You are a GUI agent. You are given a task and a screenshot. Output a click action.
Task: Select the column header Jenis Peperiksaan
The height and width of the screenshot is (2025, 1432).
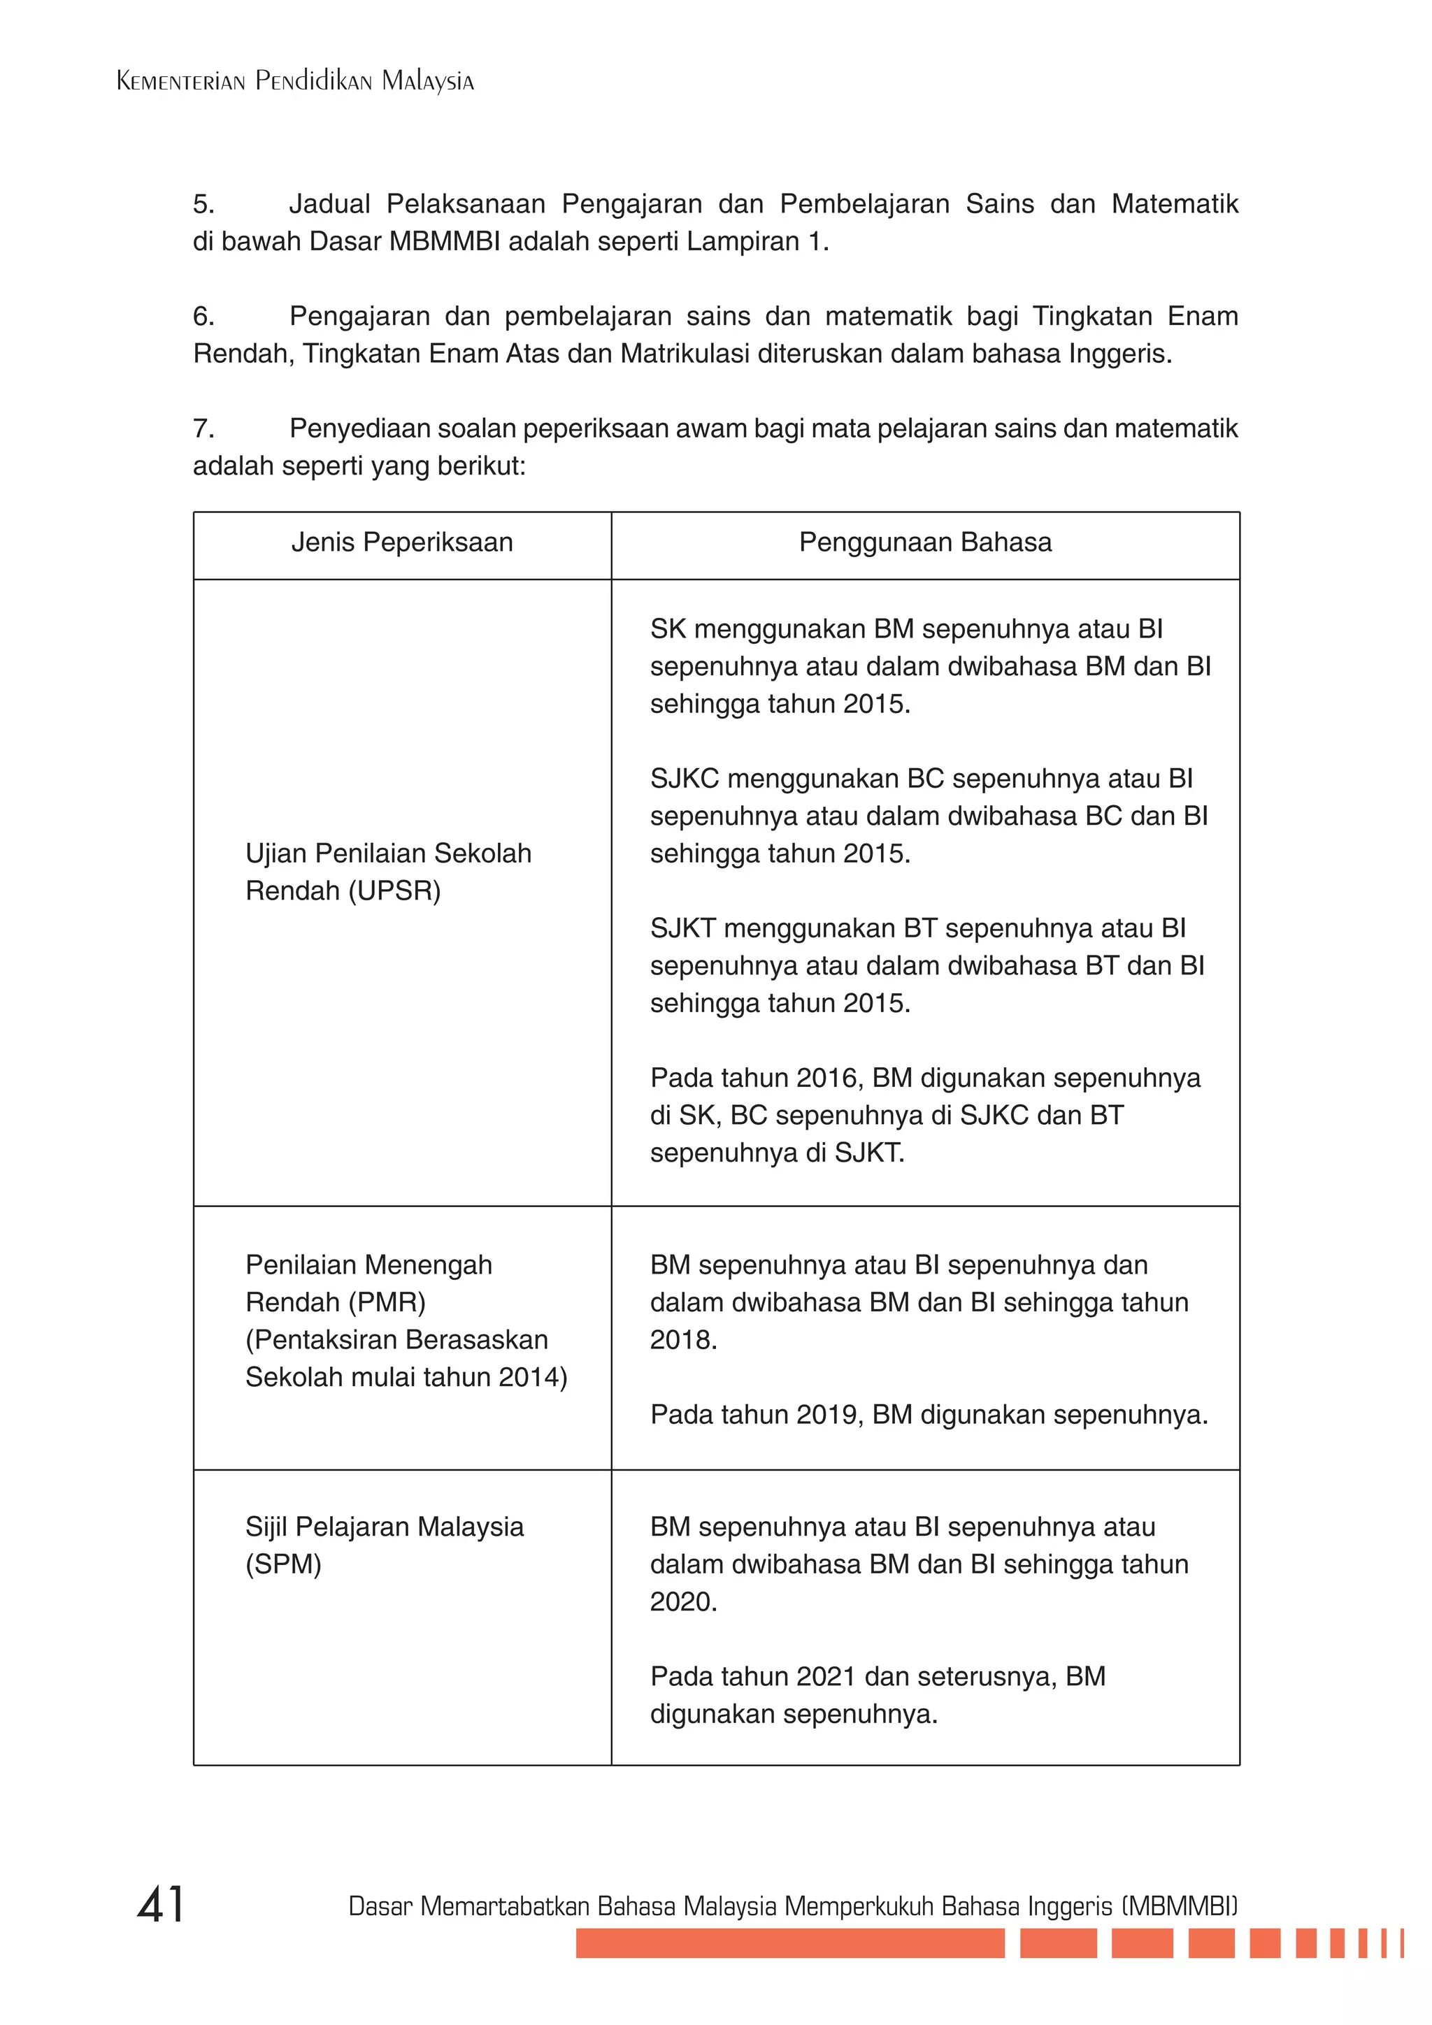[401, 542]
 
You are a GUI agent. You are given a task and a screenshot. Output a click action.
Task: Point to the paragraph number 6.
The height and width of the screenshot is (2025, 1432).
[203, 316]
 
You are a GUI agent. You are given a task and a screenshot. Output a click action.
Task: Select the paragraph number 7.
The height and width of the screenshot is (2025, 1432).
[203, 428]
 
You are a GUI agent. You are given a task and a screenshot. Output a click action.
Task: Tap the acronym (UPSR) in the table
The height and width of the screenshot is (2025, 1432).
[394, 891]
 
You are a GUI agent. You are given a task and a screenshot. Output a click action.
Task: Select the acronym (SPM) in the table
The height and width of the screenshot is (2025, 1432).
[283, 1564]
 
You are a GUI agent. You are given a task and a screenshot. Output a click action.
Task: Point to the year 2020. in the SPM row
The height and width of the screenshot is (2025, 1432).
[684, 1601]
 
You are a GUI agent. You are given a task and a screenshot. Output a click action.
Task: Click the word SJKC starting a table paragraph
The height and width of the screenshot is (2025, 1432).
[685, 779]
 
